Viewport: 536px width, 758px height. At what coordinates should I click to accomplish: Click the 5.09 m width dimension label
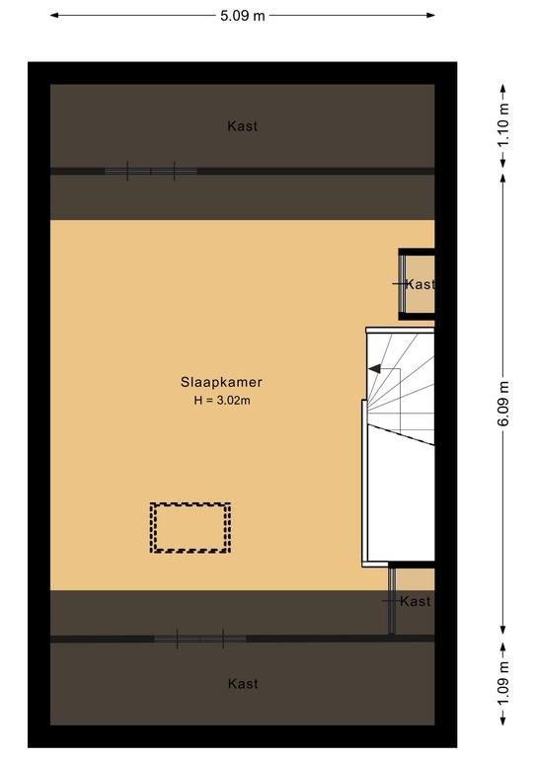tap(243, 16)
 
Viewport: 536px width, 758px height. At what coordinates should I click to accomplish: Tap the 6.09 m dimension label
tap(503, 403)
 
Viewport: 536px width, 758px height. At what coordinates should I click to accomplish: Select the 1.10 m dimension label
tap(503, 125)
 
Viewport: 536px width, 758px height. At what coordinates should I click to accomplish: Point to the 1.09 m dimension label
tap(503, 684)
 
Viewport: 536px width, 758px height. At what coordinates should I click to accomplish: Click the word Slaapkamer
tap(221, 382)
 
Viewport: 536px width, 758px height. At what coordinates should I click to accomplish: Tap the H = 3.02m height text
tap(222, 401)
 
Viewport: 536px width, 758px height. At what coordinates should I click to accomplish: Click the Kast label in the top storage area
tap(242, 126)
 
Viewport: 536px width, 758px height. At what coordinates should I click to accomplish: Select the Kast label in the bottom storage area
tap(243, 684)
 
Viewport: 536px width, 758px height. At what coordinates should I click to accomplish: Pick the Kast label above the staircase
tap(420, 284)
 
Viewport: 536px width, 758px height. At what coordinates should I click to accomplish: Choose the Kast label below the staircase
tap(416, 601)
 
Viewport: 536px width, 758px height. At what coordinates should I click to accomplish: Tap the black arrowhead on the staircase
tap(374, 369)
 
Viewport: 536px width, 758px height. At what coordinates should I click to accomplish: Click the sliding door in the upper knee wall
tap(151, 171)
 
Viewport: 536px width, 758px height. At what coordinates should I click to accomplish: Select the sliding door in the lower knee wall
tap(200, 639)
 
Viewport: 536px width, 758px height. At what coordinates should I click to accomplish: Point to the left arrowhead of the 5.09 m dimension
tap(54, 16)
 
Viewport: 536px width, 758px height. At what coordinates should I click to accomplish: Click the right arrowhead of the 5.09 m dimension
tap(430, 16)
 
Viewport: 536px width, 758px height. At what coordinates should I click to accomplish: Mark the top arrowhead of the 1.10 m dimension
tap(503, 89)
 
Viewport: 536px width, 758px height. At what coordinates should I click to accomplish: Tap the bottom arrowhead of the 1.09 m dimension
tap(503, 720)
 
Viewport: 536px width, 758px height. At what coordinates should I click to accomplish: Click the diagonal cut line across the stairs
tap(400, 433)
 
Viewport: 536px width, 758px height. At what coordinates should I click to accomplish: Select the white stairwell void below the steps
tap(401, 502)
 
